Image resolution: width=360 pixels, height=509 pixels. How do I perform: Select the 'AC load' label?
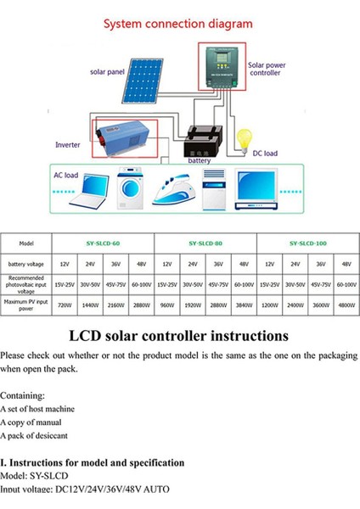65,176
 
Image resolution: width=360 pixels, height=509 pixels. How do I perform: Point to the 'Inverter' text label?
68,145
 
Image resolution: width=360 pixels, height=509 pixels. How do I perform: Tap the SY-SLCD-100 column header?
307,243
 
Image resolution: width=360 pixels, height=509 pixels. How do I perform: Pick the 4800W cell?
346,304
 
